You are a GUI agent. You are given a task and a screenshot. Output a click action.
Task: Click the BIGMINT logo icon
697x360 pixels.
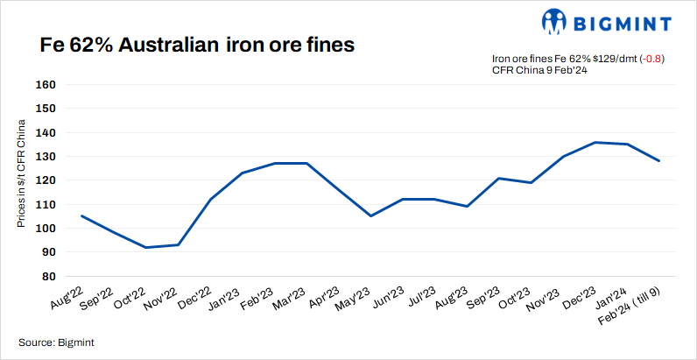[x=555, y=21]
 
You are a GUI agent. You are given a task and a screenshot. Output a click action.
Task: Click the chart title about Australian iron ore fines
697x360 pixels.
[x=197, y=45]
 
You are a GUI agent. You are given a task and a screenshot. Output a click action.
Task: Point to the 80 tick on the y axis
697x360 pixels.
[x=48, y=276]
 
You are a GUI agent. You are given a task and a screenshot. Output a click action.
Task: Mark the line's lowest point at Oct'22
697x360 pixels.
[x=145, y=247]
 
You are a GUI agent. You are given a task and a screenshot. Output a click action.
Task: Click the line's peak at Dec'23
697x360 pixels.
[x=595, y=142]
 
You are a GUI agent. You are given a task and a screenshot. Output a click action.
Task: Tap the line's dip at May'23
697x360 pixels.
[x=370, y=215]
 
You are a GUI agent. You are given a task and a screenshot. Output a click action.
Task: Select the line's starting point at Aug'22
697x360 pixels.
[x=81, y=215]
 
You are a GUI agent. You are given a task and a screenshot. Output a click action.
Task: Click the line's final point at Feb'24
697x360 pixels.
[x=658, y=160]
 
